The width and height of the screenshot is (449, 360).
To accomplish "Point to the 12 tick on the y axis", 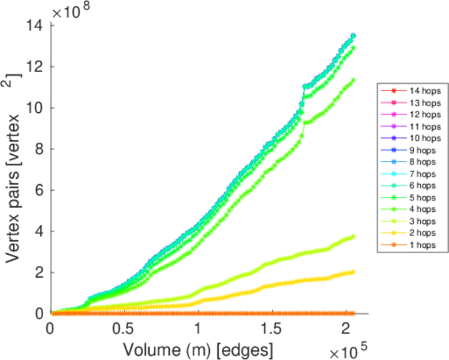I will pos(34,67).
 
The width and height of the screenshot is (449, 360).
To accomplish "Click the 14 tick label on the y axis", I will pos(34,26).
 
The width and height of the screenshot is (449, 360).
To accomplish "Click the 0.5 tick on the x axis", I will pos(125,329).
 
